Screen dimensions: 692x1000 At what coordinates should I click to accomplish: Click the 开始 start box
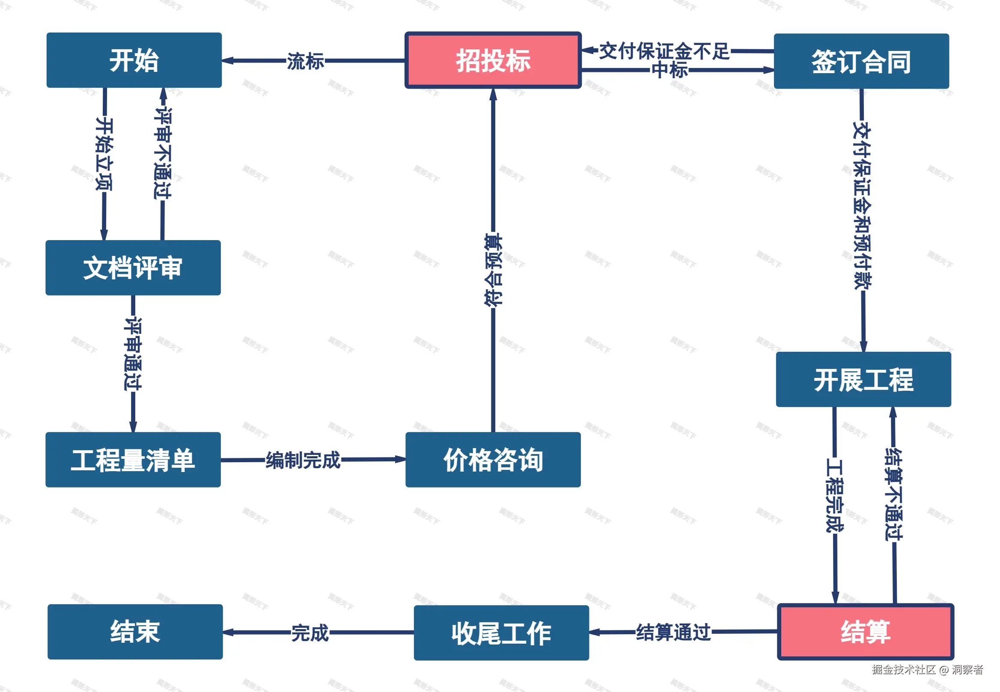(x=134, y=60)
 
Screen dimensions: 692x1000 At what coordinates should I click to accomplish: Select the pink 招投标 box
(x=493, y=60)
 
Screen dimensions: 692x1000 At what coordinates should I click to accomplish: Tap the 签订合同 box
(x=861, y=61)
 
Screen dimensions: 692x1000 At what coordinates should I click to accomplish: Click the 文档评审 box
(x=133, y=267)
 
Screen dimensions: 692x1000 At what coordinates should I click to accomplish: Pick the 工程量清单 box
(x=133, y=460)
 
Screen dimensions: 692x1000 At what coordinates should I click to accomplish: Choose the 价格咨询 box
(x=493, y=460)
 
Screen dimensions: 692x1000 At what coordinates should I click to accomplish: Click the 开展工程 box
(x=863, y=380)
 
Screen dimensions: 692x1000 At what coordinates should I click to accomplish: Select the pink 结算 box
(x=865, y=632)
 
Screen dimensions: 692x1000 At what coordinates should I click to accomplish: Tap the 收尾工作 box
(x=501, y=633)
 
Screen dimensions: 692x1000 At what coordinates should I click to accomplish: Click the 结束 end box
(x=135, y=632)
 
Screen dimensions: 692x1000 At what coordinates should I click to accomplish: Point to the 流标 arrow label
(x=305, y=61)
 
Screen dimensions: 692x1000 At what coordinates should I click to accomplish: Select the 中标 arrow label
(x=670, y=70)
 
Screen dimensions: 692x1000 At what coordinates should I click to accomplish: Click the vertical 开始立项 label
(x=104, y=154)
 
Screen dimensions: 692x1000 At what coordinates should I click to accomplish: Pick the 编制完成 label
(x=303, y=460)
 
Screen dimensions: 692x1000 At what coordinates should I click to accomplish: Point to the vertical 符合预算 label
(x=493, y=270)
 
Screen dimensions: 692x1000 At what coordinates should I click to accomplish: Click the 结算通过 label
(x=673, y=632)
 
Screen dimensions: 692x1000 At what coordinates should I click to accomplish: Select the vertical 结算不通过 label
(x=893, y=494)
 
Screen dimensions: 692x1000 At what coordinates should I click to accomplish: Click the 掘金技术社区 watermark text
(x=904, y=669)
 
